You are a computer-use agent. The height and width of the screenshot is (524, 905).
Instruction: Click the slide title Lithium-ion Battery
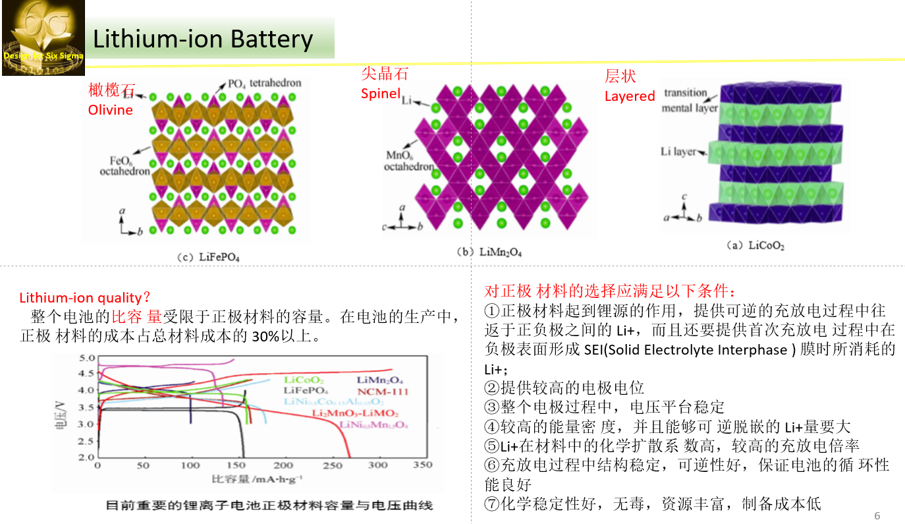coord(203,39)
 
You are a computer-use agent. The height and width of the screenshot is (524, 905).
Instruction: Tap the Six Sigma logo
coord(43,38)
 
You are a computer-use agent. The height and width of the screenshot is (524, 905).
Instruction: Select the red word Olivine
coord(111,109)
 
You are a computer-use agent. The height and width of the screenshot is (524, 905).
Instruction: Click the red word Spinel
coord(381,94)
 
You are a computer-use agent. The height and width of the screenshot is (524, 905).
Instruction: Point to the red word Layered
coord(630,96)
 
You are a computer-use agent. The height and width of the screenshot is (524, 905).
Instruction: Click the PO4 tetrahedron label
coord(264,84)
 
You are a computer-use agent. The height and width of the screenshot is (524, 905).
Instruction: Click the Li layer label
coord(678,152)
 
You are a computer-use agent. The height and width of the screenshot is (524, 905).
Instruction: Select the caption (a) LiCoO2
coord(755,246)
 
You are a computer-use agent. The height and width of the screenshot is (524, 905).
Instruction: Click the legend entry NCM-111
coord(383,391)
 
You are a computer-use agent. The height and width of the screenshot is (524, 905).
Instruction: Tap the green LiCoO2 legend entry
coord(304,380)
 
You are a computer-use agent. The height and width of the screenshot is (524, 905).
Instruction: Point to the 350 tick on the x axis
coord(422,465)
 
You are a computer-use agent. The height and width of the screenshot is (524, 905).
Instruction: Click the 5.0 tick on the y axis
coord(87,359)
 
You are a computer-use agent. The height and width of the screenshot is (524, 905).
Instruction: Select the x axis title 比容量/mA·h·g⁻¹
coord(257,478)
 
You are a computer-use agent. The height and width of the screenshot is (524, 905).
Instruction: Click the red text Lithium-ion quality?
coord(85,298)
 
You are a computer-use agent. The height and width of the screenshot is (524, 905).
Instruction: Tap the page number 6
coord(877,515)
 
